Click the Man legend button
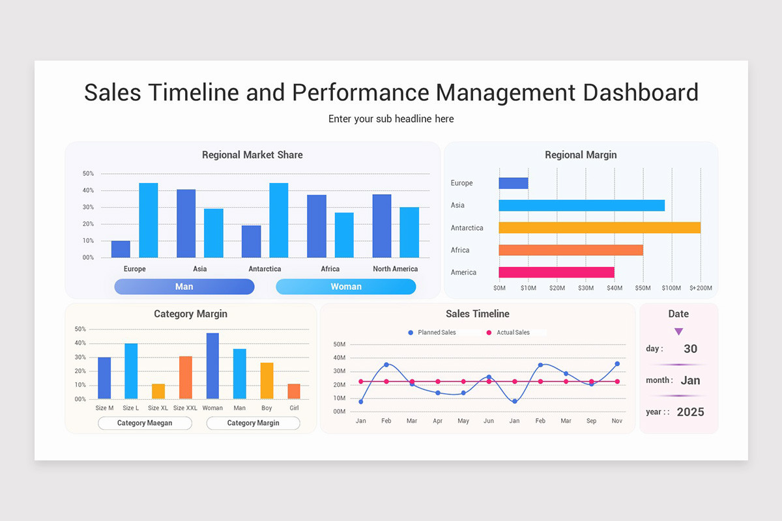[184, 287]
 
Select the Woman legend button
[345, 287]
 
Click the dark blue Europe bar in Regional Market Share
[121, 249]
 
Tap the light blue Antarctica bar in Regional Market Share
[278, 220]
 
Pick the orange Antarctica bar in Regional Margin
[600, 228]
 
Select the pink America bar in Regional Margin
[557, 272]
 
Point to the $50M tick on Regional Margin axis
[643, 288]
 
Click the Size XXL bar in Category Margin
[186, 377]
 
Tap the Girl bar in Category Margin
[294, 391]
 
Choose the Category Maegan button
[145, 423]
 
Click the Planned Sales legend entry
[432, 333]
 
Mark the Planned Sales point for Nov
[617, 364]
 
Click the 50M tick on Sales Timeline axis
[339, 344]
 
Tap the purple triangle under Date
[678, 331]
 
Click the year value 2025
[690, 412]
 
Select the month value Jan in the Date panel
[690, 380]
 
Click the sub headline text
[391, 119]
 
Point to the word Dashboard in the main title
[640, 92]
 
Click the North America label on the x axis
[395, 269]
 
